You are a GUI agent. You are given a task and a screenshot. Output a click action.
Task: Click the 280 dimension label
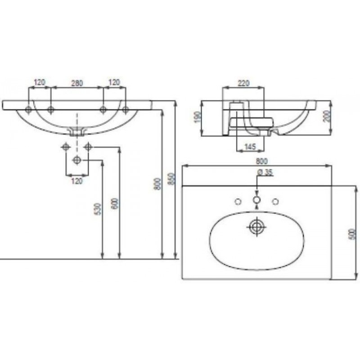pyautogui.click(x=77, y=83)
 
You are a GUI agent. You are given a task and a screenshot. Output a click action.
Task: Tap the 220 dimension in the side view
pyautogui.click(x=243, y=83)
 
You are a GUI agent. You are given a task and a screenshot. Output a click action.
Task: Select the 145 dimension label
pyautogui.click(x=250, y=147)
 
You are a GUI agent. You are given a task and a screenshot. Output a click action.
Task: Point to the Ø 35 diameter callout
pyautogui.click(x=265, y=172)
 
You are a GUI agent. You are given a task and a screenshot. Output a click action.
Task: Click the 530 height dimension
pyautogui.click(x=98, y=209)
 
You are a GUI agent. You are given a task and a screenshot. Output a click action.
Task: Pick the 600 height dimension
pyautogui.click(x=115, y=204)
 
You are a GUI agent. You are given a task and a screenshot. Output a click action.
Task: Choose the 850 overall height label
pyautogui.click(x=172, y=179)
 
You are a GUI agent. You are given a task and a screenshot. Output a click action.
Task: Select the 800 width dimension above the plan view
pyautogui.click(x=262, y=162)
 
